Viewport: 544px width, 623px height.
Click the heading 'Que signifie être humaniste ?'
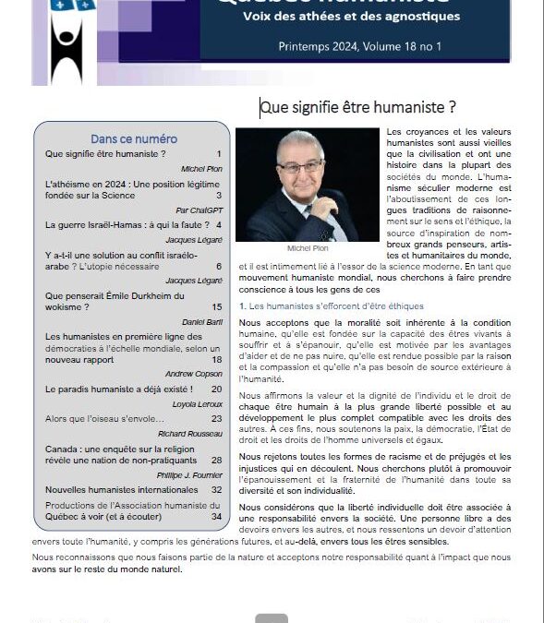357,108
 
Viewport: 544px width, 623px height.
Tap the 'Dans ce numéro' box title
134,138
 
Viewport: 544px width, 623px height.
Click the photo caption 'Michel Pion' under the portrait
307,248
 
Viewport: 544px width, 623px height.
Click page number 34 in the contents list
216,516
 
